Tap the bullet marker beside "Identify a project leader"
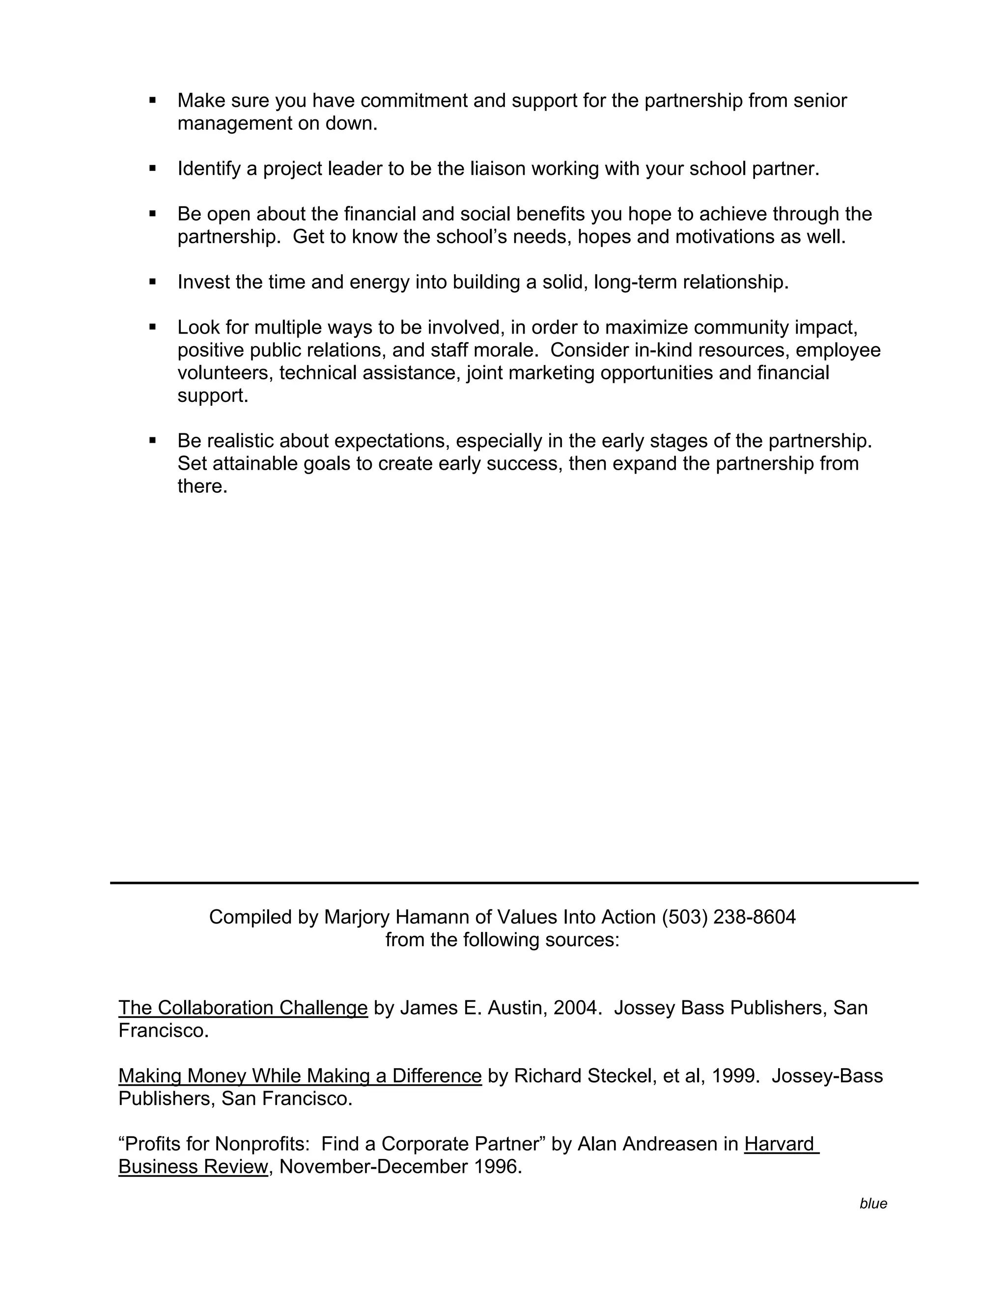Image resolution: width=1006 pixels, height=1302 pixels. click(153, 169)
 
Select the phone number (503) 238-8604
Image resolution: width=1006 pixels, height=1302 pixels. click(728, 917)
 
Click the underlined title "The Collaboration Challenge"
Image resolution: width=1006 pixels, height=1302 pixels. click(243, 1008)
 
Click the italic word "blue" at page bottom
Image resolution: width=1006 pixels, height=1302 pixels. click(873, 1204)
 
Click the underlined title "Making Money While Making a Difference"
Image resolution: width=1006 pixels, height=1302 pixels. click(300, 1076)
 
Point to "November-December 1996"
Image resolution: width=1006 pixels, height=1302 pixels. click(400, 1166)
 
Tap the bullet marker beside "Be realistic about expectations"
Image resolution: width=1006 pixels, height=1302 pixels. click(153, 441)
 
